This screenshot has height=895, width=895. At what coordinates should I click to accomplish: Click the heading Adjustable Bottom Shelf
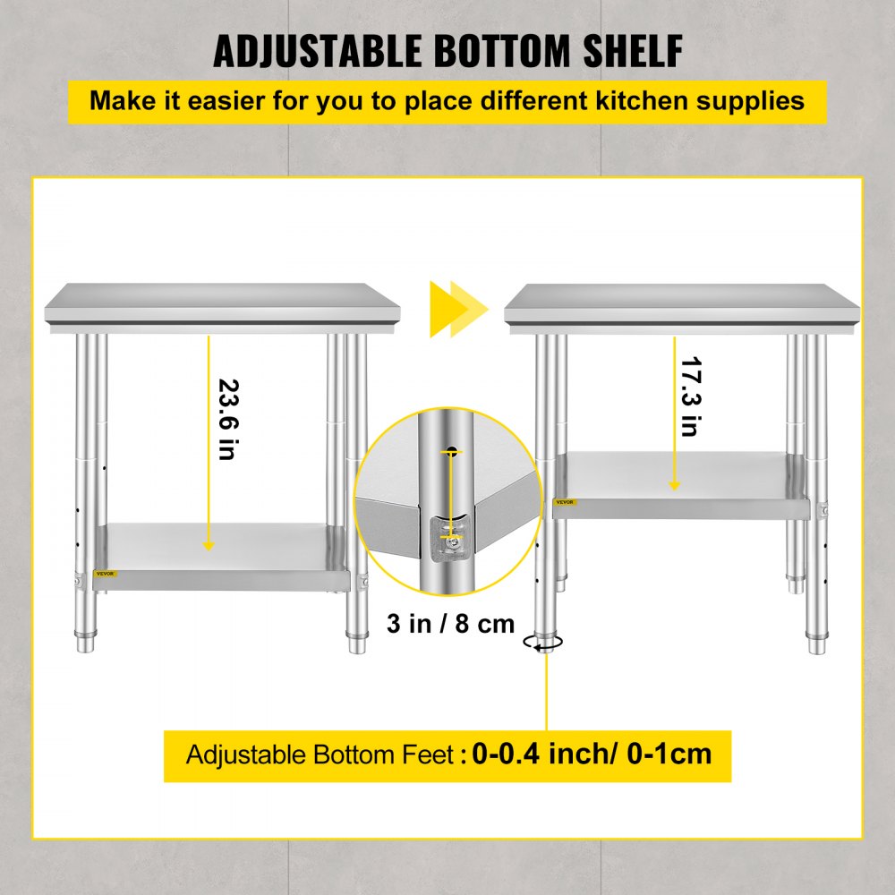[447, 52]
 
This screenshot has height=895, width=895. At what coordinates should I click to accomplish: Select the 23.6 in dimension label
[226, 419]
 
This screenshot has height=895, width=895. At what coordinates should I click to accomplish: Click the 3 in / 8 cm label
[450, 623]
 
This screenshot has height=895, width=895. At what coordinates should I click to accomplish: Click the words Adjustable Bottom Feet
[320, 754]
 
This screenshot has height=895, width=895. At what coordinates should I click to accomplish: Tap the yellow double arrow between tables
[458, 309]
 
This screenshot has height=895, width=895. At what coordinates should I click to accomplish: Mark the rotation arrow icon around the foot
[544, 642]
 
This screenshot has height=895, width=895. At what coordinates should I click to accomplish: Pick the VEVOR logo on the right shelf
[565, 502]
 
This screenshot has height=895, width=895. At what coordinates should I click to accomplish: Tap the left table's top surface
[222, 301]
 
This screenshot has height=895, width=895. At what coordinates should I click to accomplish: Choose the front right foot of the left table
[356, 641]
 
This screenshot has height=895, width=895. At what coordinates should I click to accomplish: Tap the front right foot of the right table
[815, 643]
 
